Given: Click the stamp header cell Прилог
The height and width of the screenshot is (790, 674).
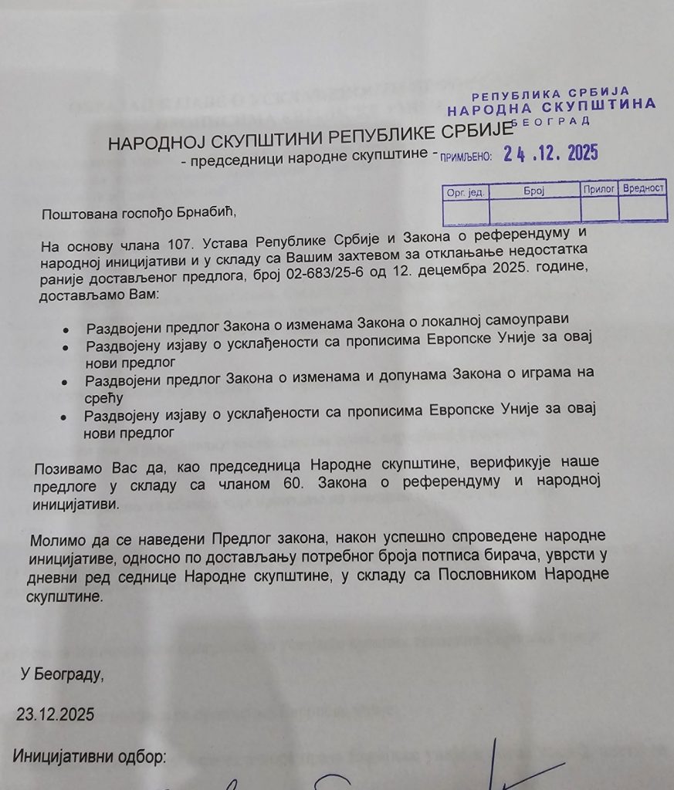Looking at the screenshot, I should coord(599,188).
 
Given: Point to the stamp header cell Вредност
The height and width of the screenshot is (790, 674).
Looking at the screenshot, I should coord(644,188).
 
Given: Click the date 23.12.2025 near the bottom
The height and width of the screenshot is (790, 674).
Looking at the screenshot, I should coord(56,714).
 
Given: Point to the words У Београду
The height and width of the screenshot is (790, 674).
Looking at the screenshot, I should coord(62,675).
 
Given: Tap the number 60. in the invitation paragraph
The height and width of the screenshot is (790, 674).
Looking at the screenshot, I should coord(283,484).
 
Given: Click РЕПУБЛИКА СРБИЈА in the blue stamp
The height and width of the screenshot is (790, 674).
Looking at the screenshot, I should coord(550,93).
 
